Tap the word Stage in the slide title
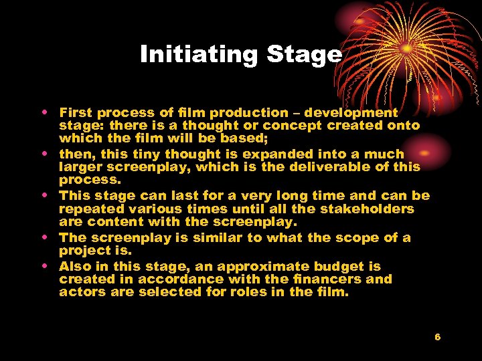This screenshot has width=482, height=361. click(304, 54)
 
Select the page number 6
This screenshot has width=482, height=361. click(437, 337)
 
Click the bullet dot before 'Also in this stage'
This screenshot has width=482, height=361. click(44, 265)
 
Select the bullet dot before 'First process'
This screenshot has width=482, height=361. click(44, 112)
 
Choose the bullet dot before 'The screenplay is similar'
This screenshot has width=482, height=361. click(44, 237)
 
